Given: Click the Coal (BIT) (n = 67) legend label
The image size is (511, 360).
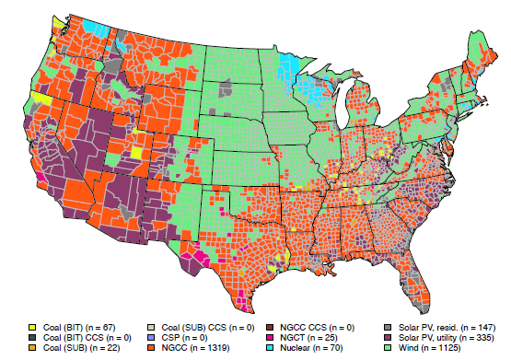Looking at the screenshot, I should coord(74,327).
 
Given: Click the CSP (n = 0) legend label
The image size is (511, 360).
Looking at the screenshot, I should coord(186,337).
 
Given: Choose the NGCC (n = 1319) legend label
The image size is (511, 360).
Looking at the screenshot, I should coord(195,347).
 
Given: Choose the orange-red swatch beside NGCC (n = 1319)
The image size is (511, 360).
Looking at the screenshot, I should coord(154,347).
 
